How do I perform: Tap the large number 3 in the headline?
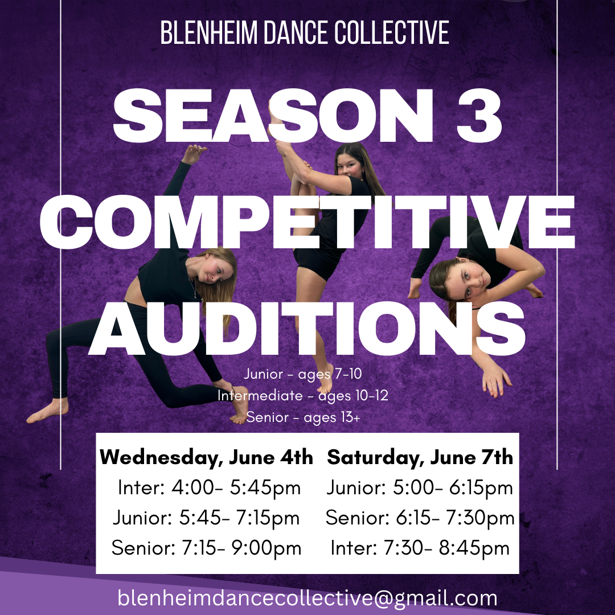pyautogui.click(x=479, y=115)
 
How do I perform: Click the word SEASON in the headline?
pyautogui.click(x=273, y=115)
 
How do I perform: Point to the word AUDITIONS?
pyautogui.click(x=307, y=329)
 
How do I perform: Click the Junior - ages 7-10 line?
pyautogui.click(x=303, y=374)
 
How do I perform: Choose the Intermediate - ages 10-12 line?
pyautogui.click(x=303, y=396)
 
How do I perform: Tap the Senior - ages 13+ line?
pyautogui.click(x=303, y=417)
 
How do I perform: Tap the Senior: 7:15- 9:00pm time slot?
pyautogui.click(x=206, y=548)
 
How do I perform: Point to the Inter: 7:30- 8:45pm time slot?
pyautogui.click(x=420, y=548)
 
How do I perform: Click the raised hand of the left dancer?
pyautogui.click(x=194, y=154)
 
